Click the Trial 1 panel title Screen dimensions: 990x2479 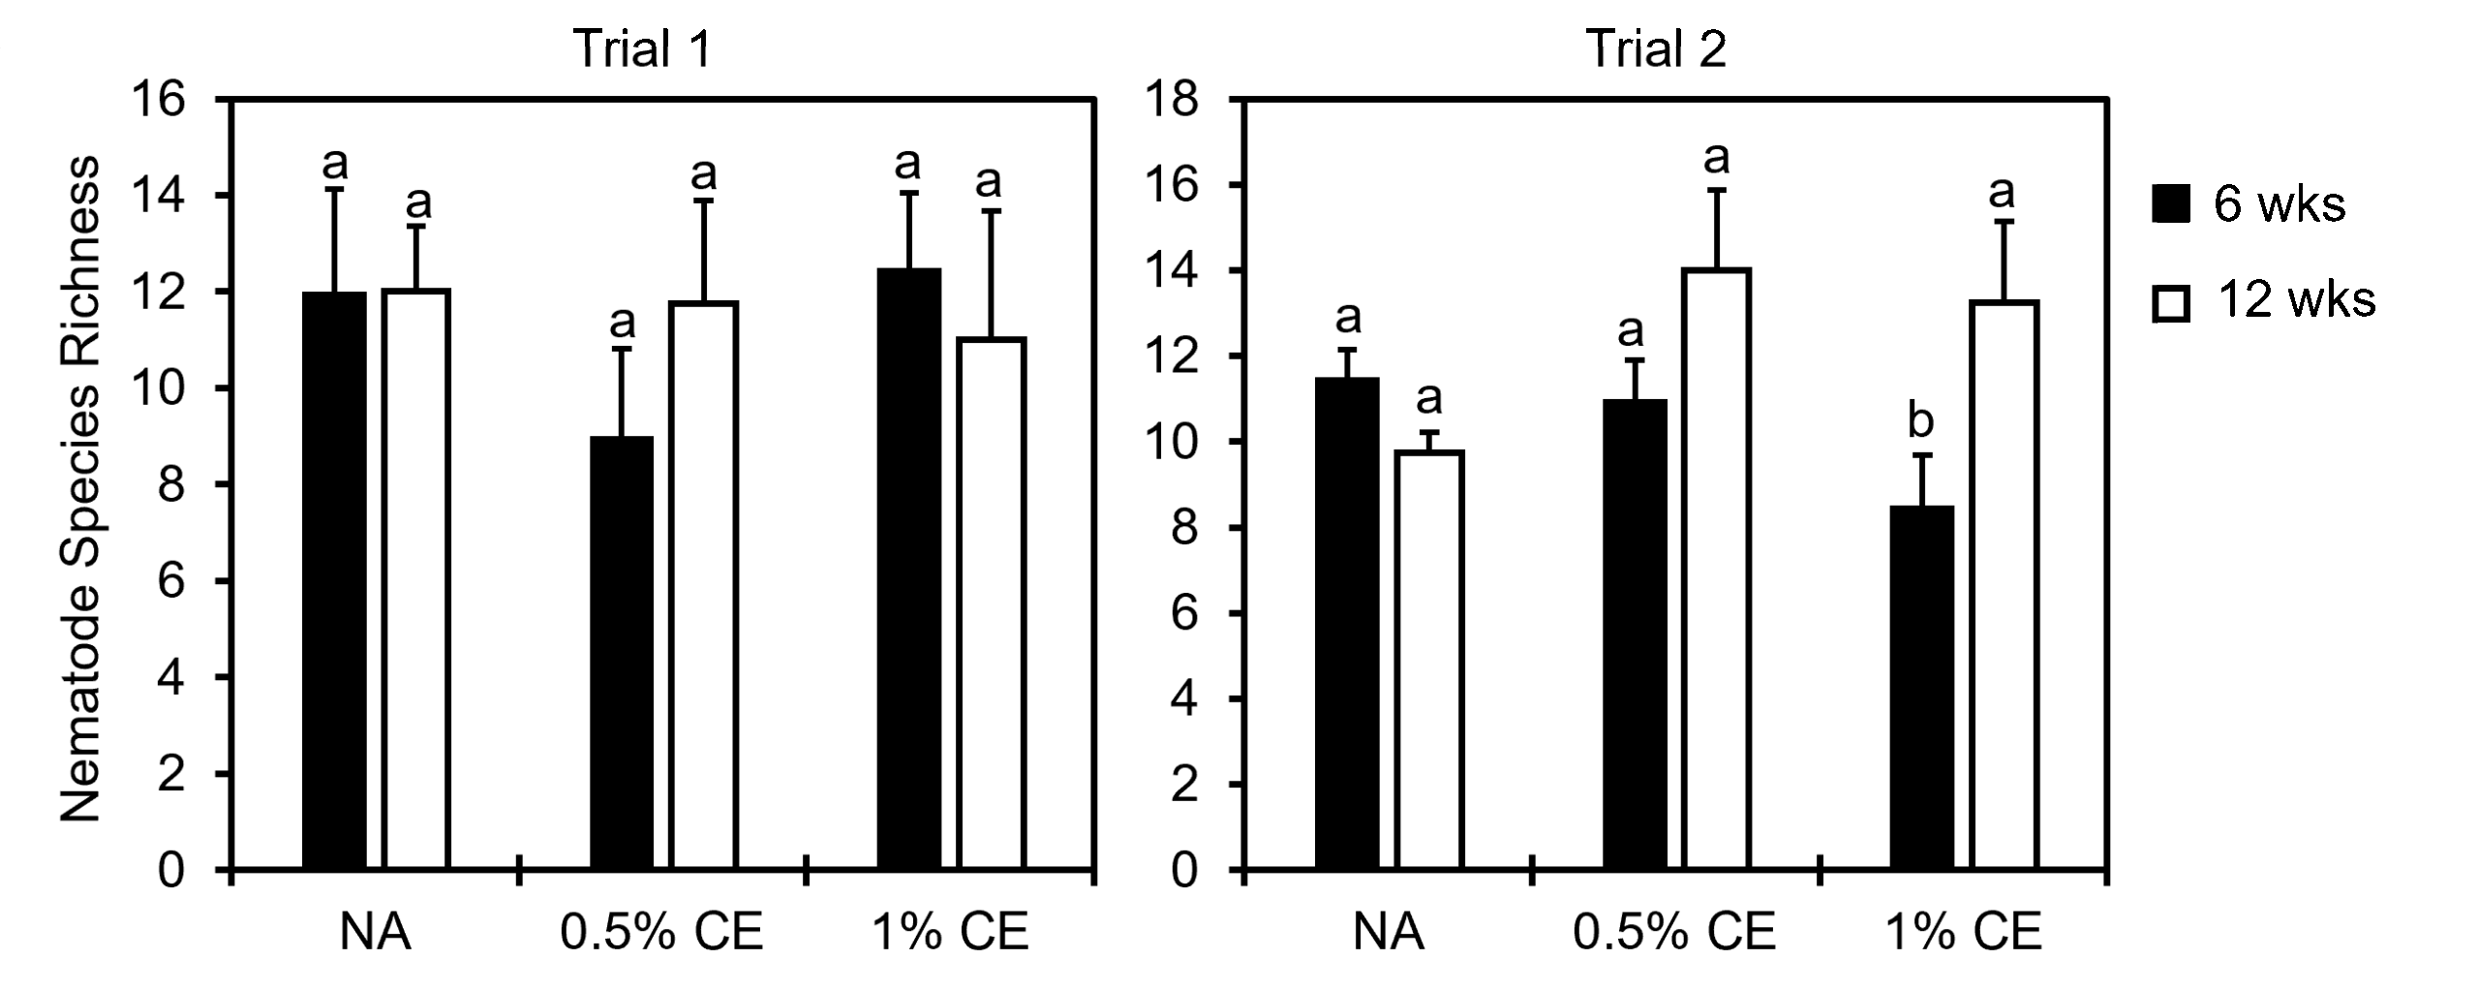point(643,48)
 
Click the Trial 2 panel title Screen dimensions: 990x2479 point(1655,48)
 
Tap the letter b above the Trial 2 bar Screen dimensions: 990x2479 point(1920,421)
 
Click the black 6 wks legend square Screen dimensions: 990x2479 point(2170,204)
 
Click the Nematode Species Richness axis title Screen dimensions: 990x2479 point(81,490)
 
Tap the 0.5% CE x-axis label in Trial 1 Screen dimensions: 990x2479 point(661,932)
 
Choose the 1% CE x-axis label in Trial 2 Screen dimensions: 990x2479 point(1963,932)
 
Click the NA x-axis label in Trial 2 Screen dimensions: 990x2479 point(1388,932)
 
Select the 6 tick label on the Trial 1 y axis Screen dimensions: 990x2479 point(170,581)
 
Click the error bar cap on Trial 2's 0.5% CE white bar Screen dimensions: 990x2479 point(1716,190)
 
